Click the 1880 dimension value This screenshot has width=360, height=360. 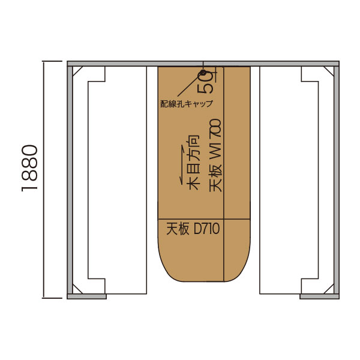point(29,168)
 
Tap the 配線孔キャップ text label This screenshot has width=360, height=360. point(187,104)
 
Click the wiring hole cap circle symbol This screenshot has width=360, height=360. point(203,73)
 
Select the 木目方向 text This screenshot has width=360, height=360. point(194,163)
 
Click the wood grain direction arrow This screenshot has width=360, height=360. point(182,165)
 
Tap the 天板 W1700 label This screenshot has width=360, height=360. point(215,155)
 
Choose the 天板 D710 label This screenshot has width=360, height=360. point(193,229)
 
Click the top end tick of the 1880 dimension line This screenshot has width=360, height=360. point(52,61)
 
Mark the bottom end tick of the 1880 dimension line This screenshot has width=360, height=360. point(52,298)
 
